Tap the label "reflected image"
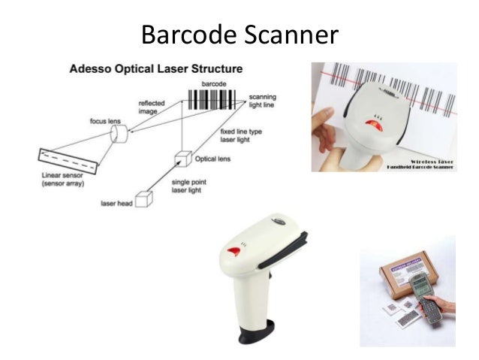pyautogui.click(x=152, y=108)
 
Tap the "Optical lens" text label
pyautogui.click(x=212, y=160)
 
